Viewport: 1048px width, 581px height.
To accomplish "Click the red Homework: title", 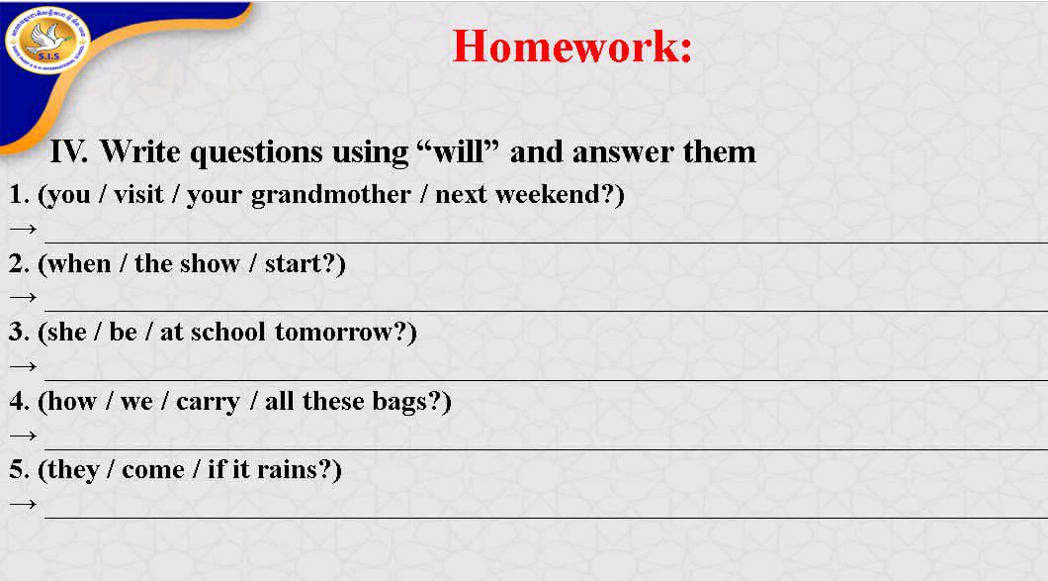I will coord(571,47).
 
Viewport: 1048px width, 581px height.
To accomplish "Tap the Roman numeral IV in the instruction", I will coord(69,151).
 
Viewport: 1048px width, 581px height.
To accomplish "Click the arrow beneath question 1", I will coord(22,230).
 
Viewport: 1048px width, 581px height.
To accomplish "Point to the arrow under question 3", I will coord(22,367).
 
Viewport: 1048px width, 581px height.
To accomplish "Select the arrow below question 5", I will coord(22,505).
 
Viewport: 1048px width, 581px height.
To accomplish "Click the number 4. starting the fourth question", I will coord(19,402).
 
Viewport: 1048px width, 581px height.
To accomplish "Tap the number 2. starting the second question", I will coord(19,264).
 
